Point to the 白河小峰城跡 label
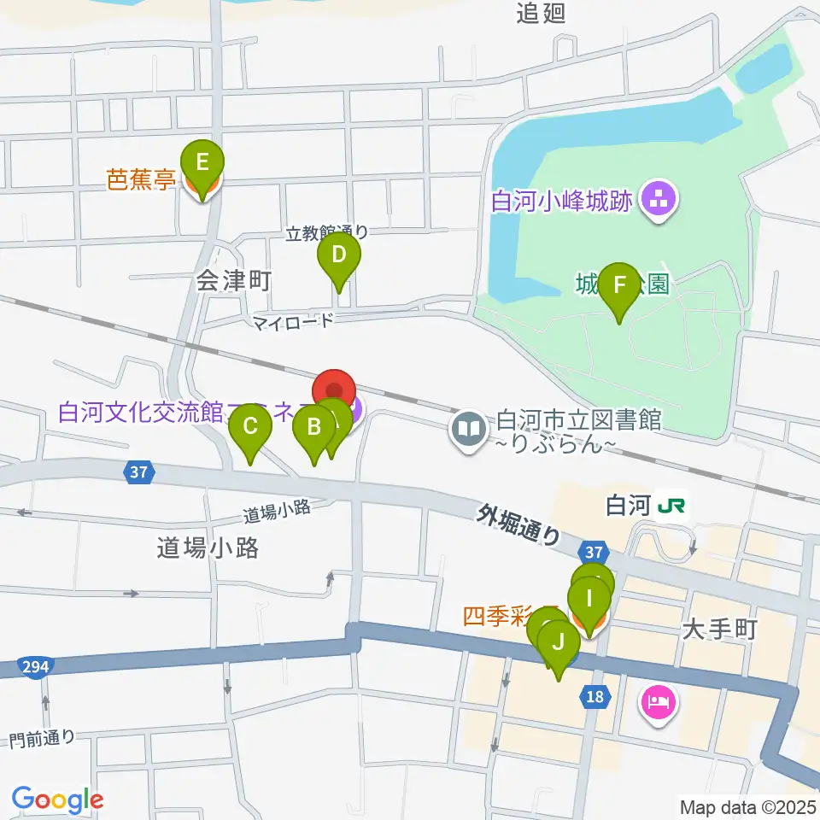pyautogui.click(x=561, y=202)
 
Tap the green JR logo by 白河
pyautogui.click(x=672, y=507)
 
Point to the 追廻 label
pyautogui.click(x=541, y=13)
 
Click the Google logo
pyautogui.click(x=57, y=800)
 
